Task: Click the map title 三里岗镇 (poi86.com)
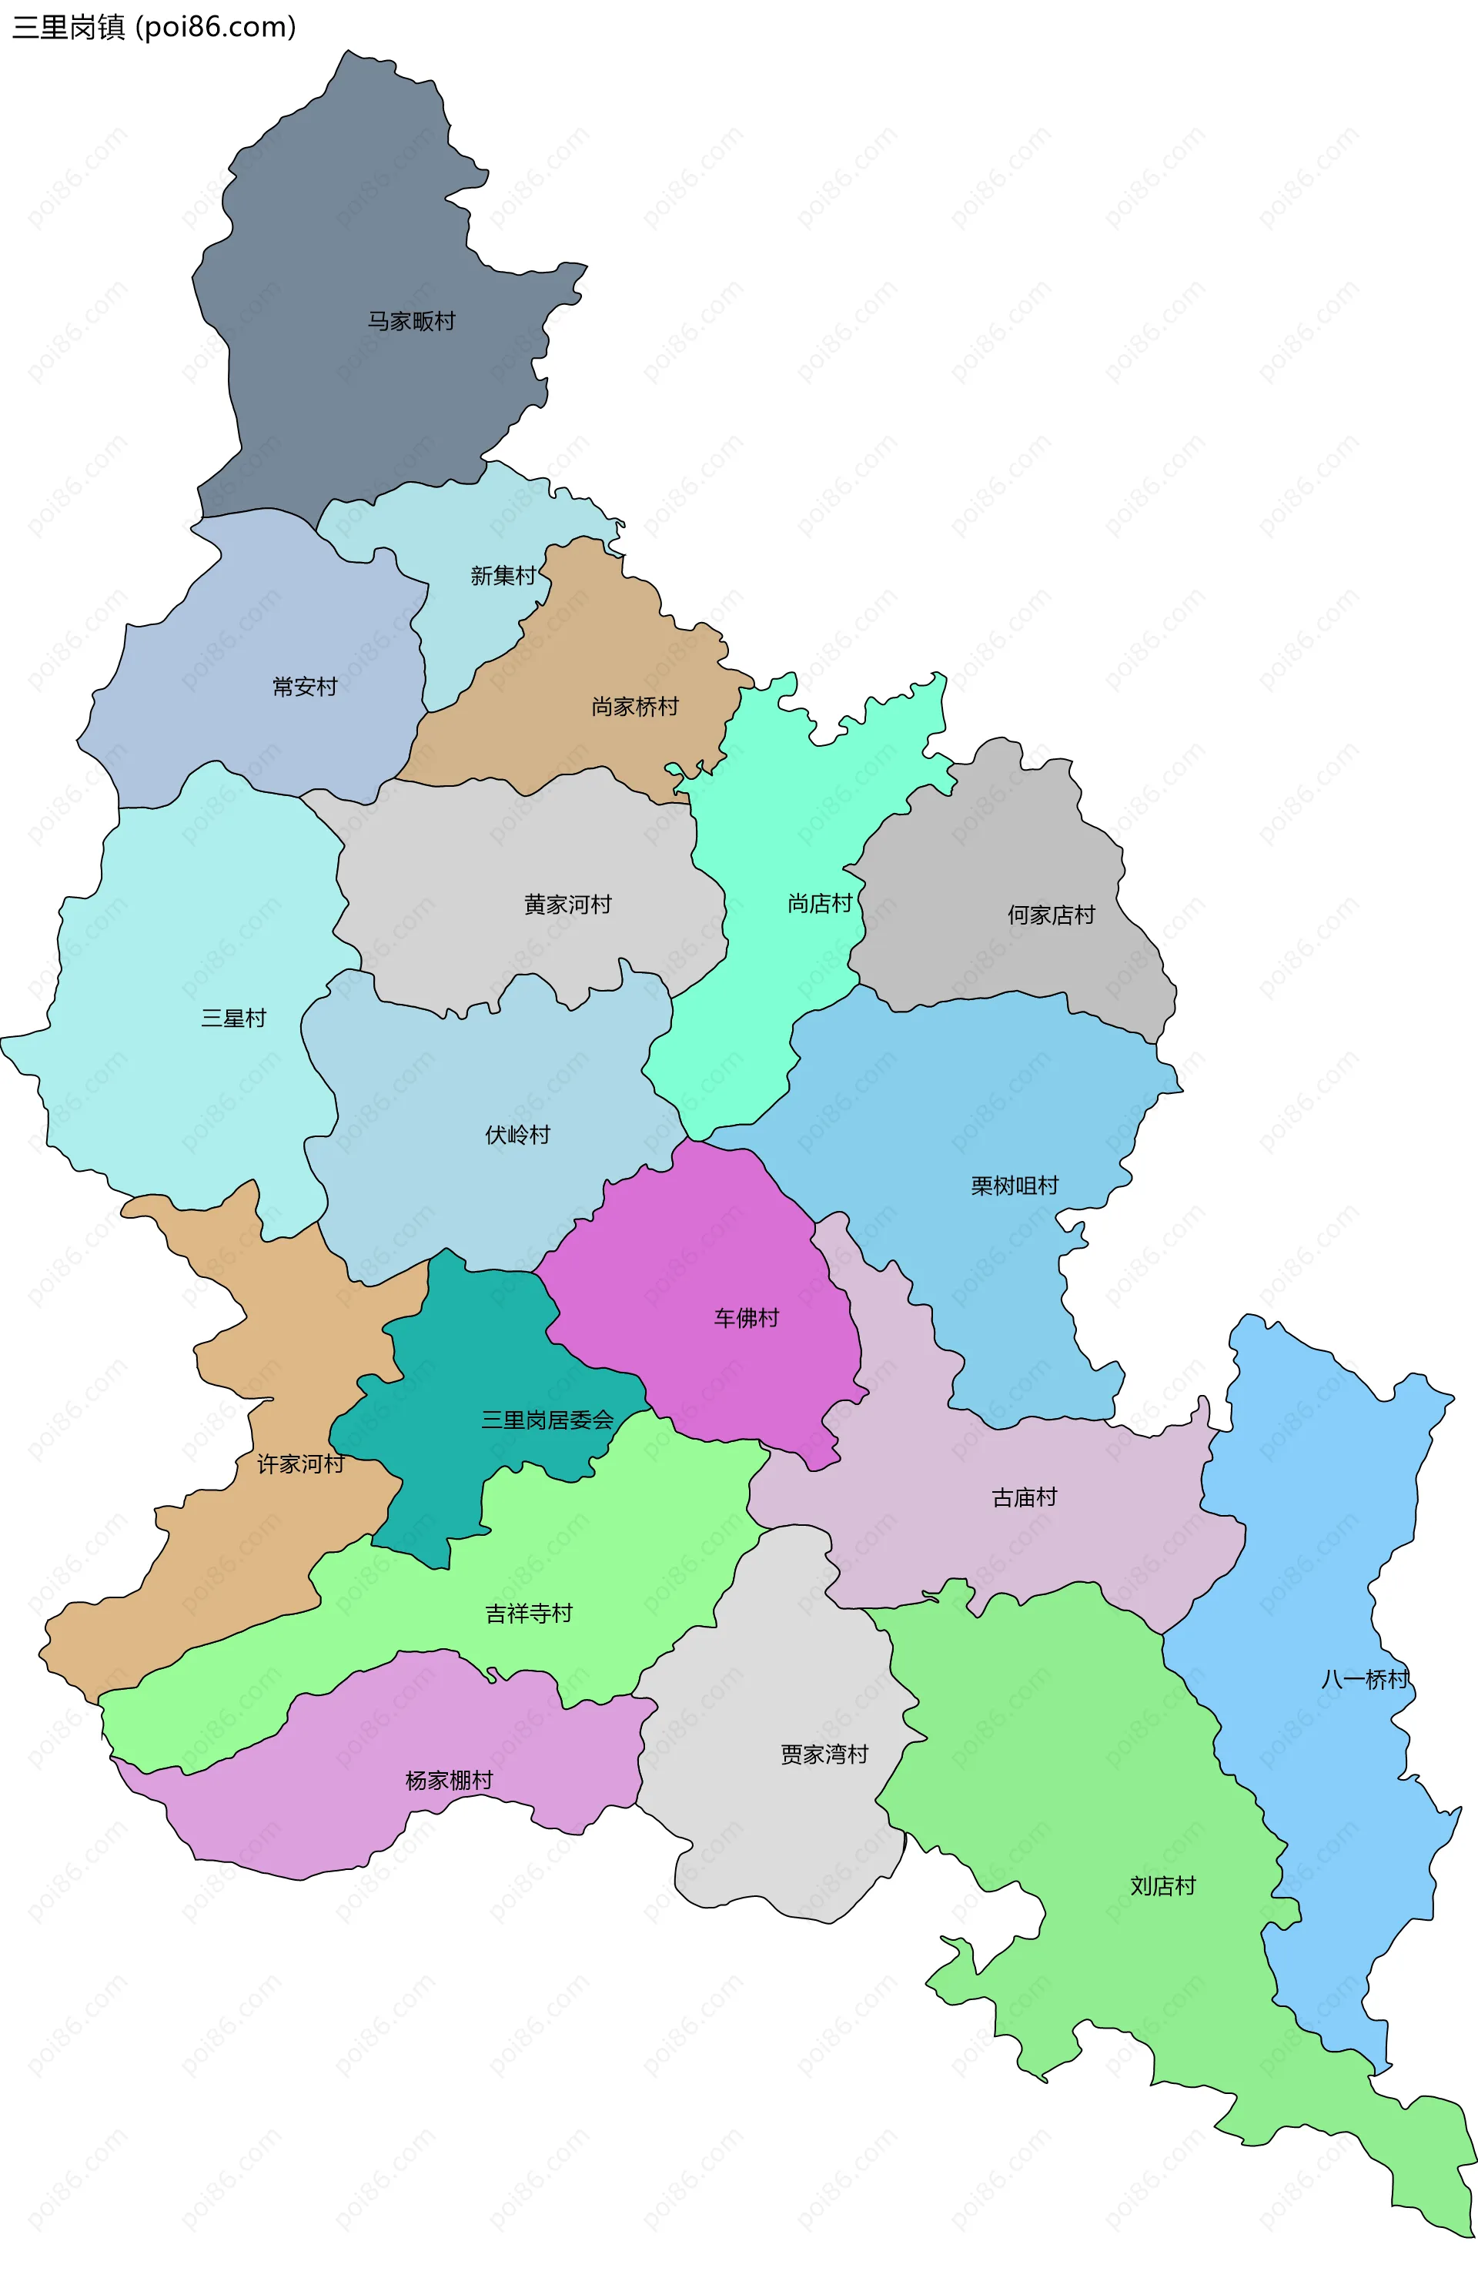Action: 153,27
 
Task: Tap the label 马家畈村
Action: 411,322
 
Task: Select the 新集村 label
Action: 503,576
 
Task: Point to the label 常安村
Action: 305,687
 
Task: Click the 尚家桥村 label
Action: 634,707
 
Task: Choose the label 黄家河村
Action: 567,905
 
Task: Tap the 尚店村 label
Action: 820,904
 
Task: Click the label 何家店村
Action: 1051,915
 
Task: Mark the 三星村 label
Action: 233,1019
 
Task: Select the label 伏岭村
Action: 517,1136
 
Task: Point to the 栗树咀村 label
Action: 1015,1186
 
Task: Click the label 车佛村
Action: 746,1319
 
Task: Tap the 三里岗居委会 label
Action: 547,1420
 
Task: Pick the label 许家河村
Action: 300,1464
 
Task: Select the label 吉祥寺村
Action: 529,1614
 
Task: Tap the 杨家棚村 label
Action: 449,1781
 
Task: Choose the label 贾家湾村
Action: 824,1755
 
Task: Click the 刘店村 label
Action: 1162,1887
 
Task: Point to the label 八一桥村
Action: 1365,1680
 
